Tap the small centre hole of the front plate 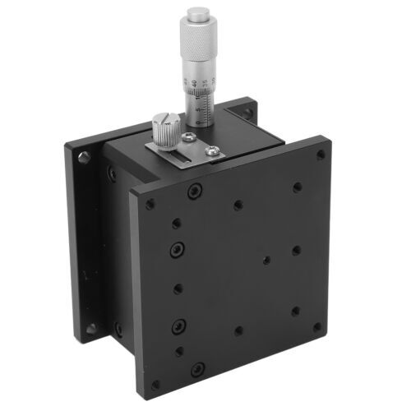coord(263,260)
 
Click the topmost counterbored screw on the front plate coord(194,191)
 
